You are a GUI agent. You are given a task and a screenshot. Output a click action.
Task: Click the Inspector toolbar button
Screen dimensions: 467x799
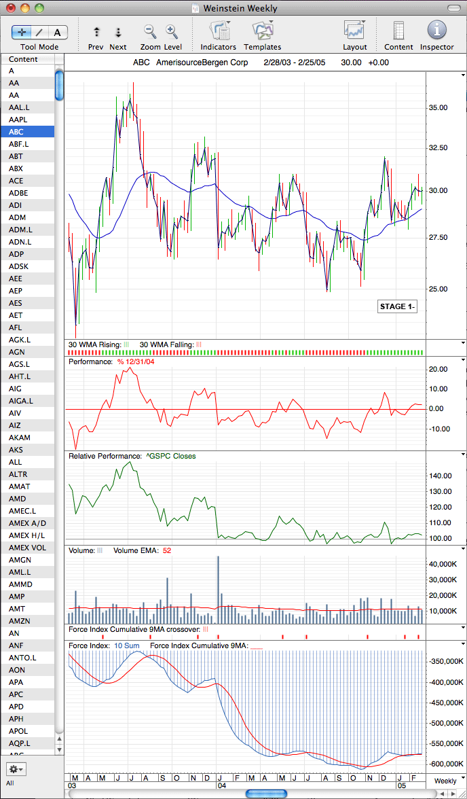tap(436, 30)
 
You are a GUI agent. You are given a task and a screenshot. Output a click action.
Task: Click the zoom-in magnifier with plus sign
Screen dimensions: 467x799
tap(172, 31)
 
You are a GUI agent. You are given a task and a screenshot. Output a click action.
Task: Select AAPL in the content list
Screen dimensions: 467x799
tap(18, 120)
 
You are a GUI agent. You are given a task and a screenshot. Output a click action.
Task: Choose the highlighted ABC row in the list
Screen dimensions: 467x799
tap(28, 132)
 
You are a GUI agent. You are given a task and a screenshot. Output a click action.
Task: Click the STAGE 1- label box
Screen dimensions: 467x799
tap(398, 307)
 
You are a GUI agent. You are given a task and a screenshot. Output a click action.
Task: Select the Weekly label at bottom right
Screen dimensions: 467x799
tap(445, 781)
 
